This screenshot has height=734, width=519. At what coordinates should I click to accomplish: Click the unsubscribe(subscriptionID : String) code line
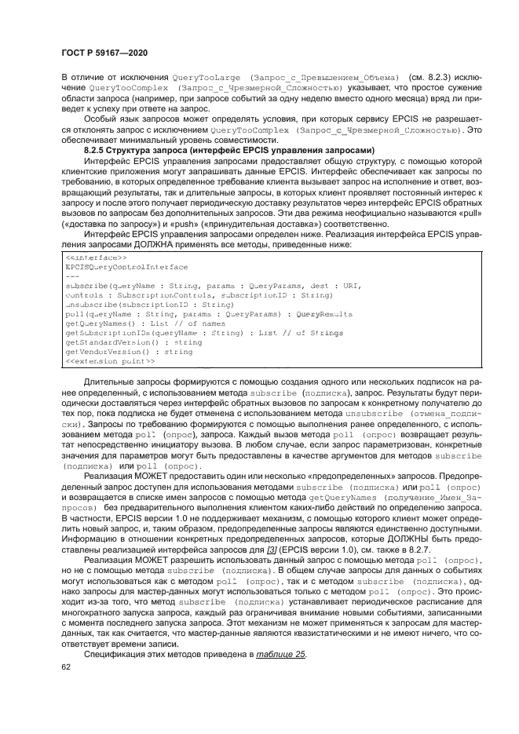138,305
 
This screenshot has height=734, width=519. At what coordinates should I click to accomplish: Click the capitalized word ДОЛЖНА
177,244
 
